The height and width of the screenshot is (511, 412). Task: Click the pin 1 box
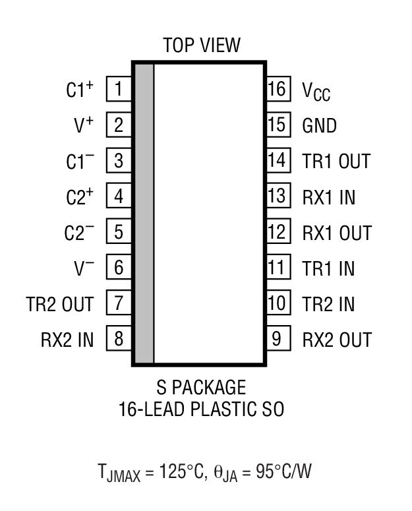(x=119, y=89)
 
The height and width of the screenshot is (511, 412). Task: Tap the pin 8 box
(x=119, y=340)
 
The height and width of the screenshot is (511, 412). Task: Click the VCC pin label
(x=316, y=91)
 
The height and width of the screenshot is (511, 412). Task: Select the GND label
(x=319, y=125)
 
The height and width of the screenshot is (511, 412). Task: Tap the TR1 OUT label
(x=336, y=161)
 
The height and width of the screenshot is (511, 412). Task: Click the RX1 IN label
(x=328, y=196)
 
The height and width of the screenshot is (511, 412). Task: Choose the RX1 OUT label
(x=337, y=233)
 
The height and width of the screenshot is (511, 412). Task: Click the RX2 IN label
(x=66, y=340)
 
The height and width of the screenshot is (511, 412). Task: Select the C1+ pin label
(x=80, y=89)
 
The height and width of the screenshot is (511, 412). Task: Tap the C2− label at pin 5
(x=79, y=232)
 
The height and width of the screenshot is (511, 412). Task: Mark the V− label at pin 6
(x=84, y=268)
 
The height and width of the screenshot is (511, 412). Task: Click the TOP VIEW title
(x=202, y=45)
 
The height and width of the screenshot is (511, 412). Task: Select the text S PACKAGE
(x=201, y=387)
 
